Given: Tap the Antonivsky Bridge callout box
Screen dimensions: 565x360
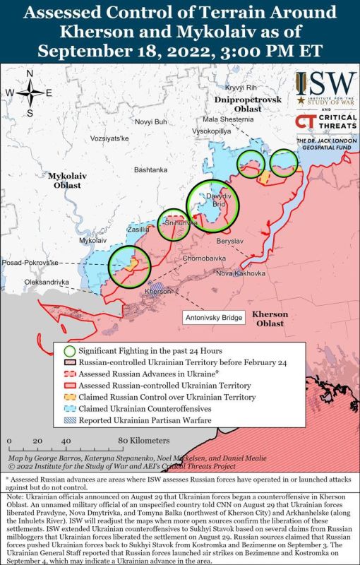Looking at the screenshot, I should click(x=215, y=317).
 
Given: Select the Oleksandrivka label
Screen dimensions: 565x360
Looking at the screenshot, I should click(x=48, y=282).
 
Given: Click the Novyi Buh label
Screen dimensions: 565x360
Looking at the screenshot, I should click(x=152, y=121).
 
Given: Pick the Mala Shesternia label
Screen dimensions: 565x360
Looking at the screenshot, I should click(x=226, y=119).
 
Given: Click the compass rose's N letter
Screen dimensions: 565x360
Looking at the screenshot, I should click(x=29, y=74).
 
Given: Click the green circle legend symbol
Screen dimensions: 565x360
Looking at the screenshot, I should click(x=69, y=351).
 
